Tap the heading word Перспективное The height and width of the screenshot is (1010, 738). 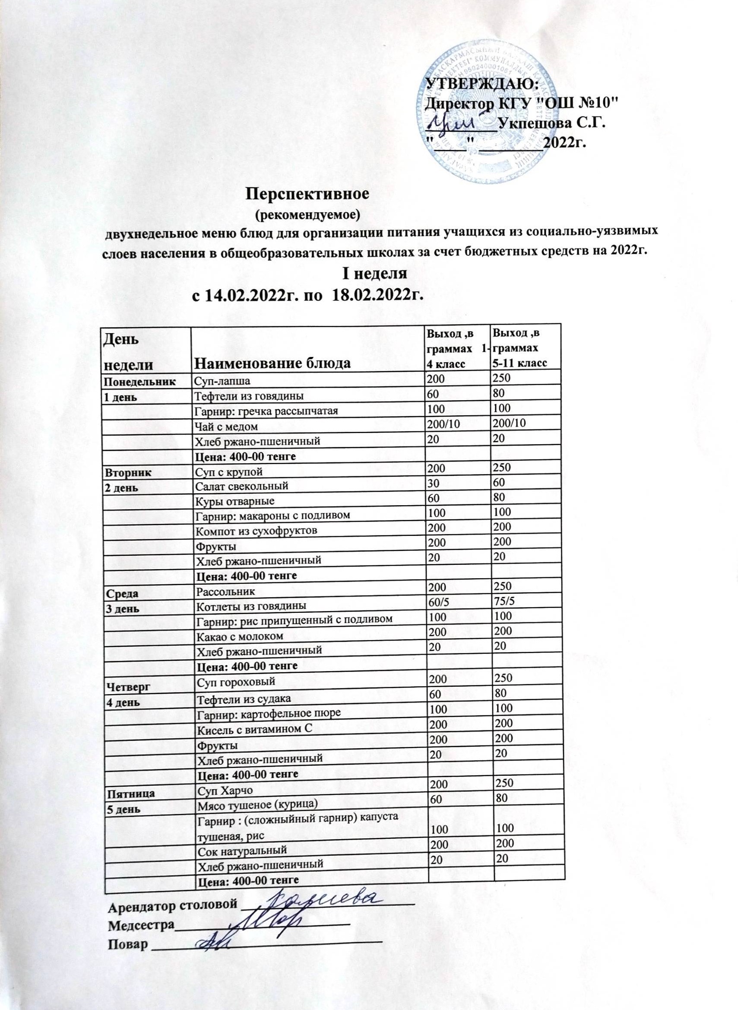308,194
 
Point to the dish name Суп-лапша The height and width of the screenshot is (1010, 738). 222,381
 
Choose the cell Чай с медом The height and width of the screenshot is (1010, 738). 226,427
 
